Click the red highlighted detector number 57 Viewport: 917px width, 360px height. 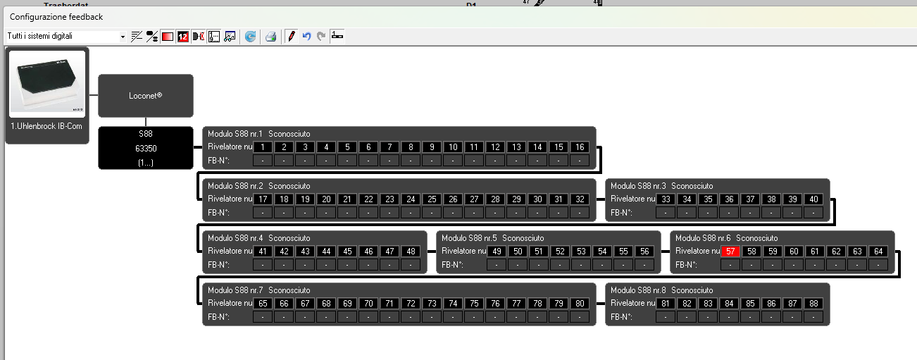[730, 251]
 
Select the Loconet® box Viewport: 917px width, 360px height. [145, 95]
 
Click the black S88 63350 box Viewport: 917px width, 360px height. [145, 148]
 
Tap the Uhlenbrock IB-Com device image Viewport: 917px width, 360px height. [47, 84]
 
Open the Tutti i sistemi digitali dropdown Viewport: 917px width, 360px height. [123, 37]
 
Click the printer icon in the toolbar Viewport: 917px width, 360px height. [270, 37]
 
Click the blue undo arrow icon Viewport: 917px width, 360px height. [306, 37]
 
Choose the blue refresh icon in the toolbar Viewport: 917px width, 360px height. [250, 37]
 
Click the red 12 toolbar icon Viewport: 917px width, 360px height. [183, 37]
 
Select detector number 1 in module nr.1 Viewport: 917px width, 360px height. [263, 147]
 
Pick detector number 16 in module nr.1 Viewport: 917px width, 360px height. [580, 147]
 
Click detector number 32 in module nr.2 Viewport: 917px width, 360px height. [580, 199]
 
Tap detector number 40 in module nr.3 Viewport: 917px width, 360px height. [813, 199]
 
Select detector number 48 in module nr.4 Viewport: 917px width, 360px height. [411, 251]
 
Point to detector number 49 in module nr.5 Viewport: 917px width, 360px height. [497, 251]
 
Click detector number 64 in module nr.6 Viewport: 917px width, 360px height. [878, 251]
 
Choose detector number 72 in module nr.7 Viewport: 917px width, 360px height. [411, 303]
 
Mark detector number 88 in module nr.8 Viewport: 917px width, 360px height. [813, 303]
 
